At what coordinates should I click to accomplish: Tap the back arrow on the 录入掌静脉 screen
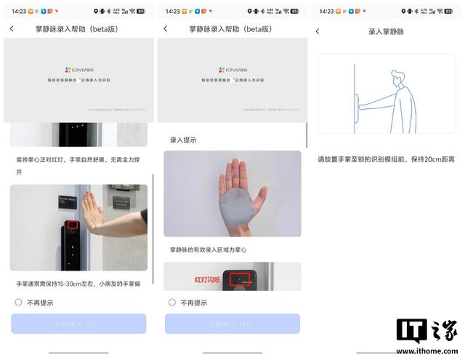pyautogui.click(x=318, y=31)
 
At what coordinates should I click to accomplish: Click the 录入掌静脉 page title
pyautogui.click(x=385, y=31)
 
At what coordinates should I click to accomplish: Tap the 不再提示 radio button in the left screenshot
pyautogui.click(x=18, y=302)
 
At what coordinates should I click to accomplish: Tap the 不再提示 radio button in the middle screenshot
pyautogui.click(x=172, y=302)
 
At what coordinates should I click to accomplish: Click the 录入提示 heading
pyautogui.click(x=183, y=140)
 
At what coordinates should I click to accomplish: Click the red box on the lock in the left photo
pyautogui.click(x=72, y=225)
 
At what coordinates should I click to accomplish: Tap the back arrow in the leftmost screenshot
pyautogui.click(x=12, y=28)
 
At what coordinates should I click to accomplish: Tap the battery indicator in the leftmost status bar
pyautogui.click(x=141, y=11)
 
